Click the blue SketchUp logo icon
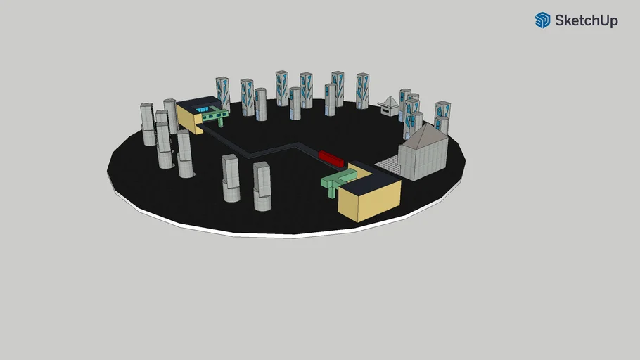pos(542,20)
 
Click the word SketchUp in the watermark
pos(586,20)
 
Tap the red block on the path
pos(331,158)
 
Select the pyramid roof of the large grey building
pos(423,136)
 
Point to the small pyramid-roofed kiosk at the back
pos(390,105)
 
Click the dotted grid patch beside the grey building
pos(387,165)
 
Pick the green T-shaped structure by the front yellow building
pos(338,181)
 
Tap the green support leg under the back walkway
pos(221,121)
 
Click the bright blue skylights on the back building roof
pos(202,109)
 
